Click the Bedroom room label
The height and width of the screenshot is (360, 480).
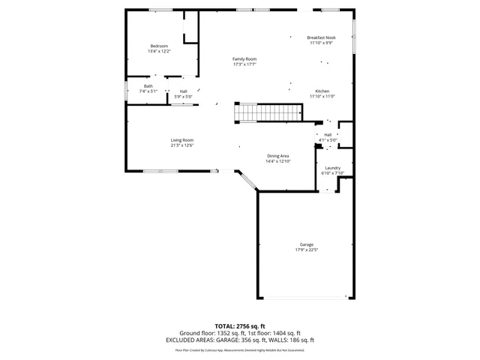click(159, 46)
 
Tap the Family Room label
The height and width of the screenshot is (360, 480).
click(244, 59)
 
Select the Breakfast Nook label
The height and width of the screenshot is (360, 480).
click(321, 37)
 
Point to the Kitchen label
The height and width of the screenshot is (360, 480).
click(322, 91)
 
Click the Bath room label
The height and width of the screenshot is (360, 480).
click(148, 86)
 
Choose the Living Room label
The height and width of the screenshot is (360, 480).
click(181, 140)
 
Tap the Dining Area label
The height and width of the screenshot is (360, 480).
click(278, 156)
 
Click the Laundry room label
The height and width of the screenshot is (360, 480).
click(332, 168)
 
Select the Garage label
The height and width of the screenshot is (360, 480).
click(306, 244)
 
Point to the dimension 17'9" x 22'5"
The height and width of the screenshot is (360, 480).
click(306, 250)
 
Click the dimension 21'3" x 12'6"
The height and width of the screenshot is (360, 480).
click(181, 145)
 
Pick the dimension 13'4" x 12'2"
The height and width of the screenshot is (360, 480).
click(159, 52)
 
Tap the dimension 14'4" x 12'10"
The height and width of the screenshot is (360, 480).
click(278, 161)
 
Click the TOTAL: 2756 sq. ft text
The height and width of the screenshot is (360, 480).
click(240, 326)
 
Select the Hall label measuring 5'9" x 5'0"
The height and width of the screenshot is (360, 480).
click(183, 91)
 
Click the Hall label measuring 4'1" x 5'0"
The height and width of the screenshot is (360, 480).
click(328, 135)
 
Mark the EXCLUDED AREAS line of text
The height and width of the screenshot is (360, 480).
click(240, 339)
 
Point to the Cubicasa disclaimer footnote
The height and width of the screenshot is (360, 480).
click(240, 349)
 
